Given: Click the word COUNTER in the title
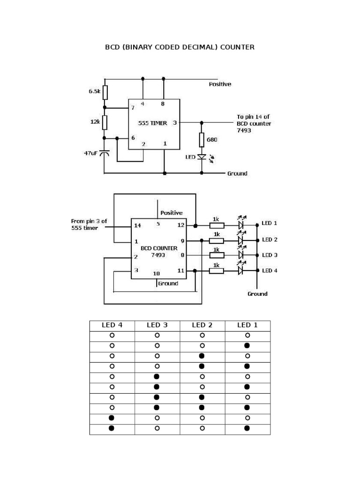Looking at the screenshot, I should point(237,47).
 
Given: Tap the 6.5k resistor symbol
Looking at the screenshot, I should point(105,92).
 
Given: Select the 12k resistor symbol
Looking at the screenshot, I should point(105,122).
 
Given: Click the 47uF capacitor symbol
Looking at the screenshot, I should point(105,153).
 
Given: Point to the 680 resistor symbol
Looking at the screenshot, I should point(202,139).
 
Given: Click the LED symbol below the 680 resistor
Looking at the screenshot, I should point(202,157).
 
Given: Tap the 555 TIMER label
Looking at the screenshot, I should point(152,123).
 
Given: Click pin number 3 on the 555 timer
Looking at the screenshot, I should point(174,123).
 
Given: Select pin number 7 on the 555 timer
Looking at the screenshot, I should point(133,107).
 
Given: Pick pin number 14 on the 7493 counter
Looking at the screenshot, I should point(137,225).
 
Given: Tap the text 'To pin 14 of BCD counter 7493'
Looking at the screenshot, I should point(254,123).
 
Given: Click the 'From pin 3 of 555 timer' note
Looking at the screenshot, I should point(89,224).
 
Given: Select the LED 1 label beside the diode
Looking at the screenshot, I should point(270,223).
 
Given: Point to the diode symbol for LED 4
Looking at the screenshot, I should point(241,270).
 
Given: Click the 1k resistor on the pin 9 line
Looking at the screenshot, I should point(217,240).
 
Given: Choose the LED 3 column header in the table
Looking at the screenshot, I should point(157,324).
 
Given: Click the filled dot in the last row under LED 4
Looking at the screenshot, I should point(112,428).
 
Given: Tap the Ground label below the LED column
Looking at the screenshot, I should point(257,294).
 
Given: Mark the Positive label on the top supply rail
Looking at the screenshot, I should point(220,84).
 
